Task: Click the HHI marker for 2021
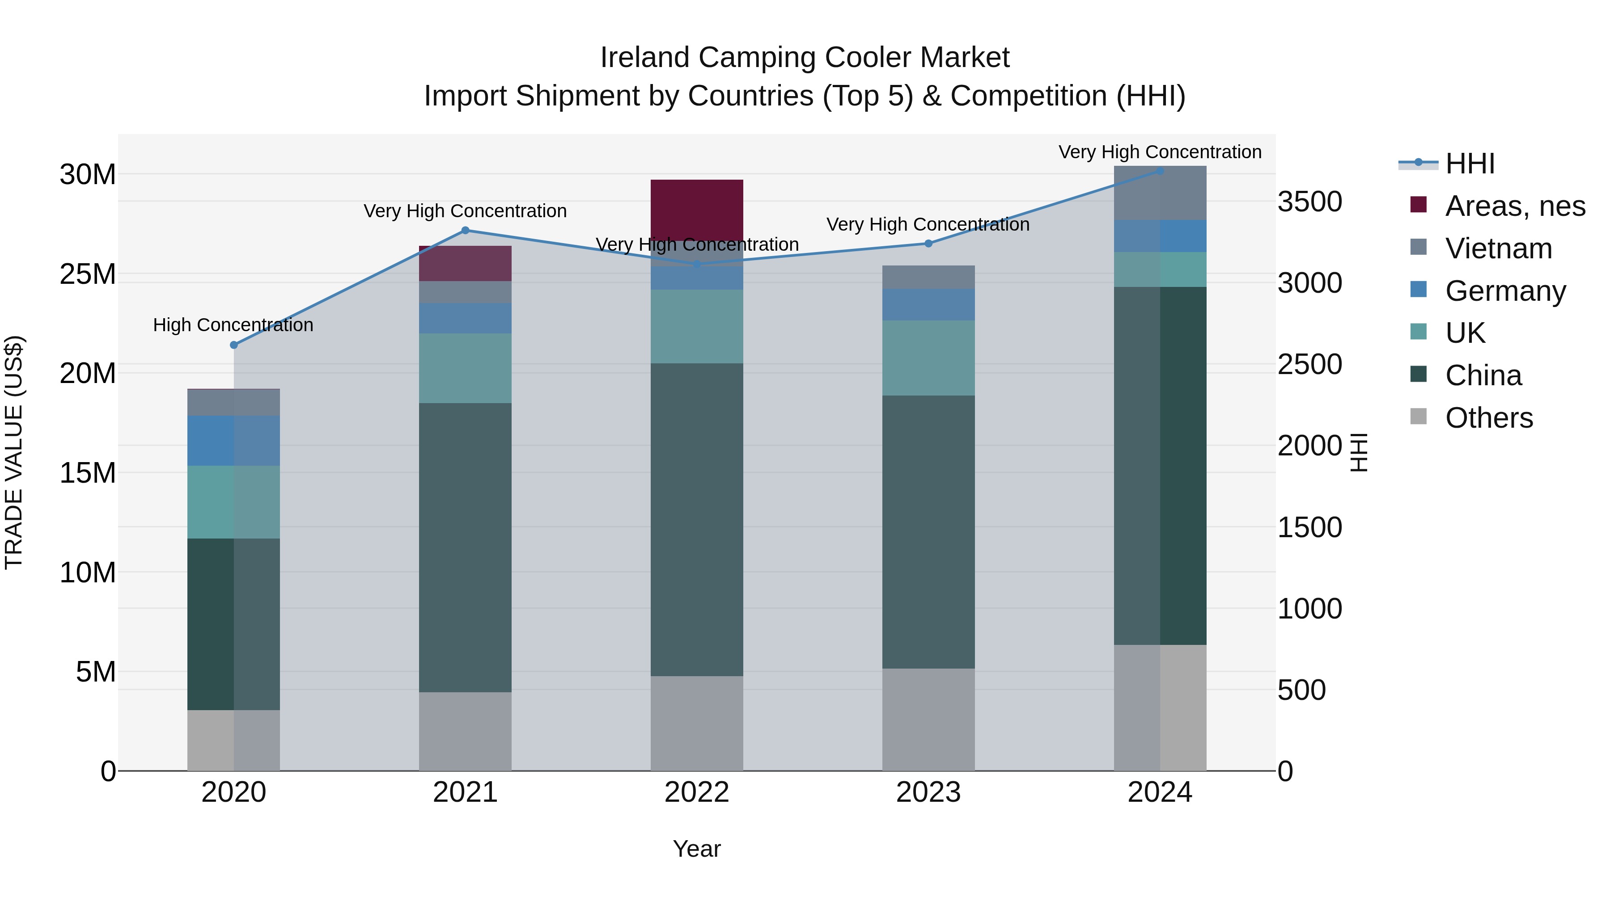tap(465, 231)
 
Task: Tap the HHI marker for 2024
tap(1160, 171)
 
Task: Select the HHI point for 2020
tap(234, 345)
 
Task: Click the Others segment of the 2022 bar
tap(697, 723)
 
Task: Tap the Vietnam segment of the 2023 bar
tap(928, 277)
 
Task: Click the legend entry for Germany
tap(1505, 291)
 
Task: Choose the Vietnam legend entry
tap(1498, 248)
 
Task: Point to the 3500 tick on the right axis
tap(1309, 202)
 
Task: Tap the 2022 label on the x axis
tap(697, 792)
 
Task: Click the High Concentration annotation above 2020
tap(233, 325)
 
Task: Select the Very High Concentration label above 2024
tap(1160, 152)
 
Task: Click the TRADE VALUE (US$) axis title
tap(14, 452)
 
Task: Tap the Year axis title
tap(697, 849)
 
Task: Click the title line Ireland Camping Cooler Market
tap(805, 58)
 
